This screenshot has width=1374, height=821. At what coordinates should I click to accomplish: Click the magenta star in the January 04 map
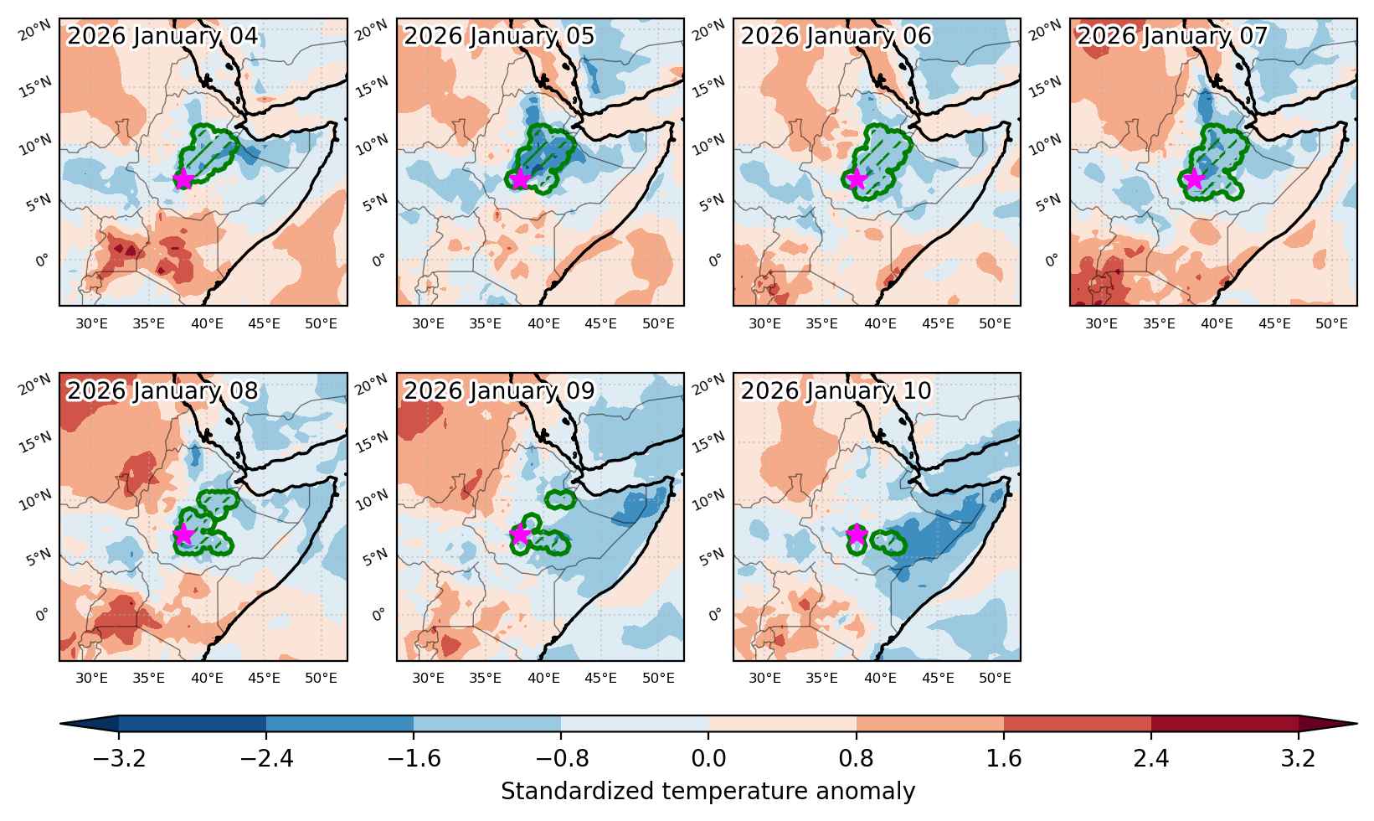183,178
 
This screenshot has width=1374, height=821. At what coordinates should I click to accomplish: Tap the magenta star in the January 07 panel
1194,179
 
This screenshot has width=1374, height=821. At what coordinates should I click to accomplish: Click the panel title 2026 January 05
499,35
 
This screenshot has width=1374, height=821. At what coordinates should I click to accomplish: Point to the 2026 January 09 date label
499,391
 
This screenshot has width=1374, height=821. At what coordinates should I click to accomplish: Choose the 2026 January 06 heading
836,35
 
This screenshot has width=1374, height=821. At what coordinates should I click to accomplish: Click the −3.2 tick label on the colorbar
119,759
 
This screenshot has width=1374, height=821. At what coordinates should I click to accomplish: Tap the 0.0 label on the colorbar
708,759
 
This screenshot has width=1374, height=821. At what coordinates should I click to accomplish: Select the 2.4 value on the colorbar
1150,759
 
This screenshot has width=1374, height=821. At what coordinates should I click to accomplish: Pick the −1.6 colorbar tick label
414,759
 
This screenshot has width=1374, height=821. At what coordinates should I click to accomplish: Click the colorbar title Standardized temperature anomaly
708,792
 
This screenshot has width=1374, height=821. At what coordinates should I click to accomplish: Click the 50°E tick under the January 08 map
321,678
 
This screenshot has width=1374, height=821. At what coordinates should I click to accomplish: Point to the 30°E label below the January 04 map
91,323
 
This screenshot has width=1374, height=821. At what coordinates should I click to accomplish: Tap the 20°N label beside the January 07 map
1044,30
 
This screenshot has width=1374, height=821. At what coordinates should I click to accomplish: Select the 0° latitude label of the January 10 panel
716,614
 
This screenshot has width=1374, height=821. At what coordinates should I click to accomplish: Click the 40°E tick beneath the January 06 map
880,323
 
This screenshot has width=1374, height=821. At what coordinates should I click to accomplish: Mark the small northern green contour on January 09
561,500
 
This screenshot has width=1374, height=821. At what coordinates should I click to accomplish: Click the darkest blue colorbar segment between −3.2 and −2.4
193,724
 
